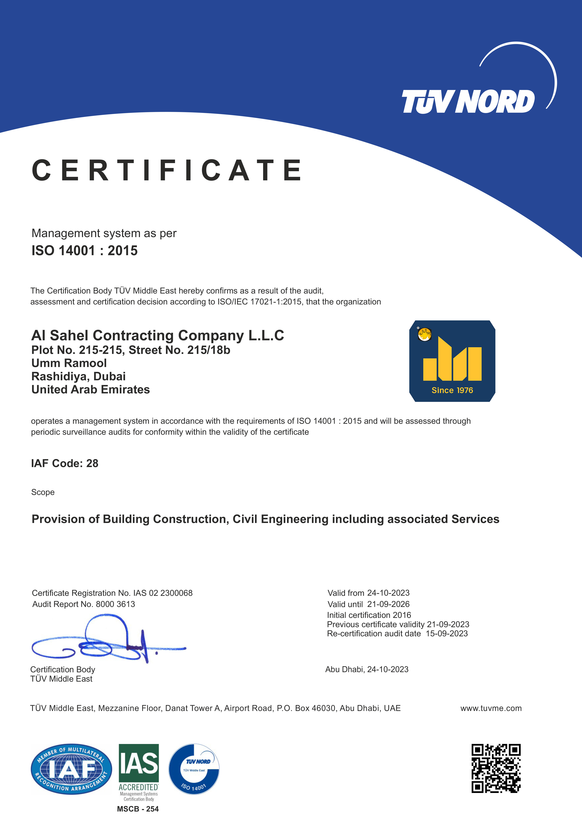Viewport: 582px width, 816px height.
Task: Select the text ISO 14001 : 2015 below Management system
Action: click(85, 251)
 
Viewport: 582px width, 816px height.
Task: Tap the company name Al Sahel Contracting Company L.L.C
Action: click(158, 335)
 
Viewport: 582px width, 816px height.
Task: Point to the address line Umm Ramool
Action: click(69, 363)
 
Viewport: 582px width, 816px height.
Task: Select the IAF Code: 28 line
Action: click(65, 463)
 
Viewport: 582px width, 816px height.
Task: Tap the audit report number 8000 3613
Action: click(115, 604)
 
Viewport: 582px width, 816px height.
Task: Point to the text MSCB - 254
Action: click(138, 809)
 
